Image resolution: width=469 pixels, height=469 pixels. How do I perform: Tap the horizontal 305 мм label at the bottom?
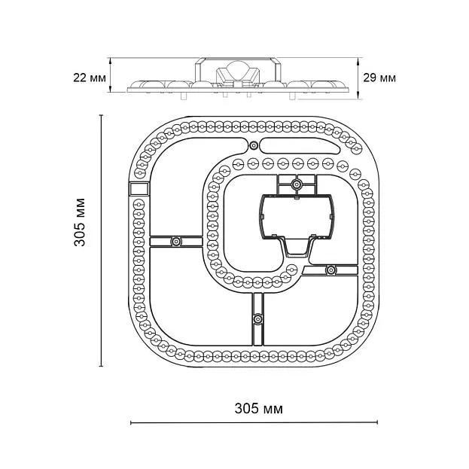point(258,409)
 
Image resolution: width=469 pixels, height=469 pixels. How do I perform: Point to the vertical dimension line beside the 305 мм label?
point(102,241)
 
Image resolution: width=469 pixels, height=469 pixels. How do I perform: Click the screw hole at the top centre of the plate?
point(254,145)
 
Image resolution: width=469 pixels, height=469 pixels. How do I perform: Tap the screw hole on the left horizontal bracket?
point(175,242)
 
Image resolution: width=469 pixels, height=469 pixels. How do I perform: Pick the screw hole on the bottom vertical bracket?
point(257,318)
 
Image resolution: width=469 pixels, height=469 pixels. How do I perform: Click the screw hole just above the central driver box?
point(296,183)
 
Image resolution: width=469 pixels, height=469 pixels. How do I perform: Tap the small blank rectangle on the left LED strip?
point(139,188)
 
